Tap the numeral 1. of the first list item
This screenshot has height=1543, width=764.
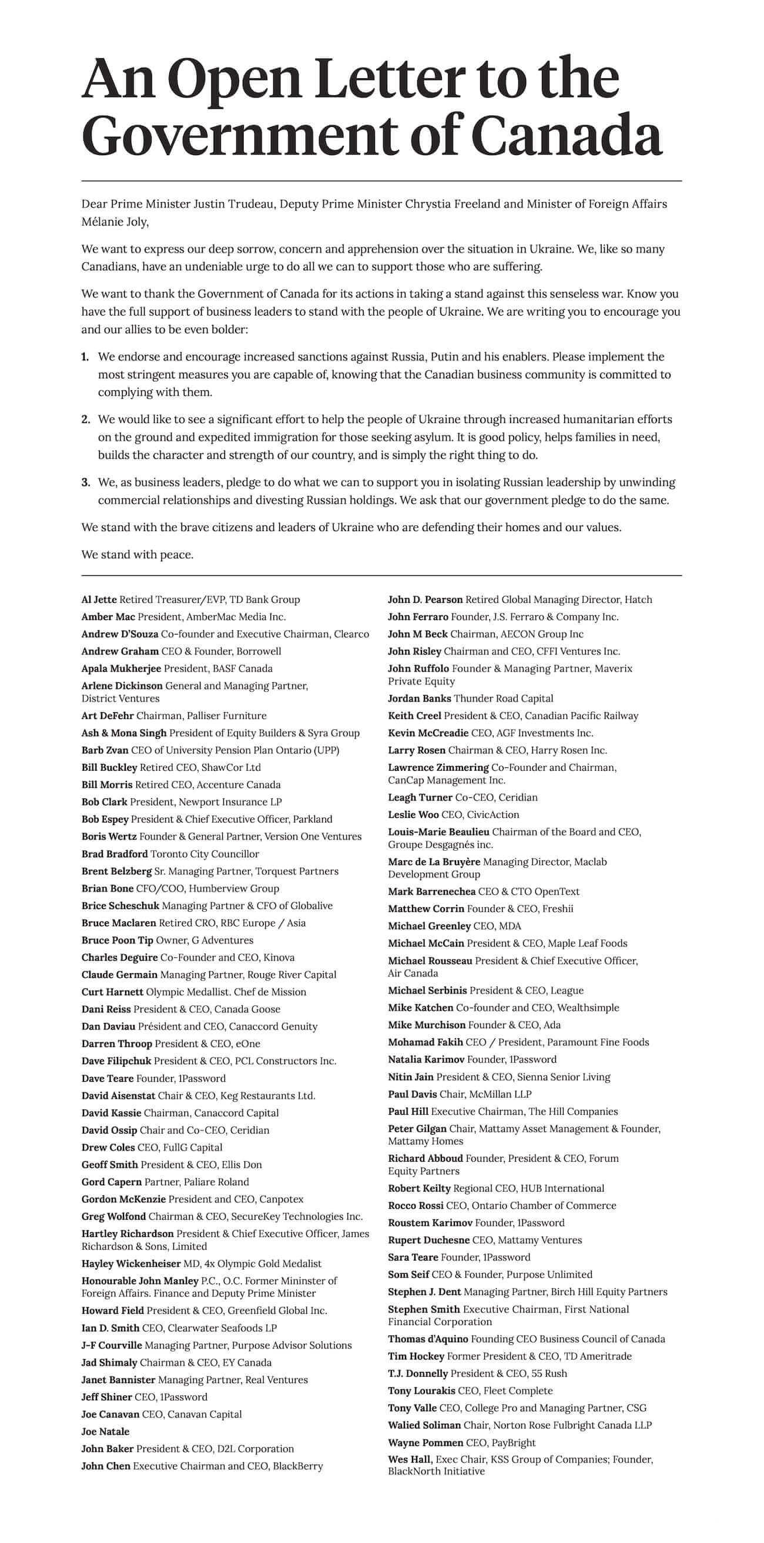coord(85,357)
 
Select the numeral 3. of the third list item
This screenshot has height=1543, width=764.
coord(86,483)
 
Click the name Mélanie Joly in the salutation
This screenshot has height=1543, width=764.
coord(115,222)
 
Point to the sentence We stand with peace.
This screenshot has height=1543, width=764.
coord(137,555)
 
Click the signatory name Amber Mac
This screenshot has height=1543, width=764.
coord(108,617)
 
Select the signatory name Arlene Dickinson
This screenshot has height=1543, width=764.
coord(122,686)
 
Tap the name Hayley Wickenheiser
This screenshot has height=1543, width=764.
coord(130,1264)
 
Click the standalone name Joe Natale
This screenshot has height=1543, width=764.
coord(105,1431)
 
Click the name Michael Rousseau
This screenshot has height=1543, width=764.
coord(430,961)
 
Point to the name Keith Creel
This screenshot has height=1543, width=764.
coord(414,716)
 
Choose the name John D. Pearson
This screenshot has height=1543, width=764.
coord(425,599)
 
